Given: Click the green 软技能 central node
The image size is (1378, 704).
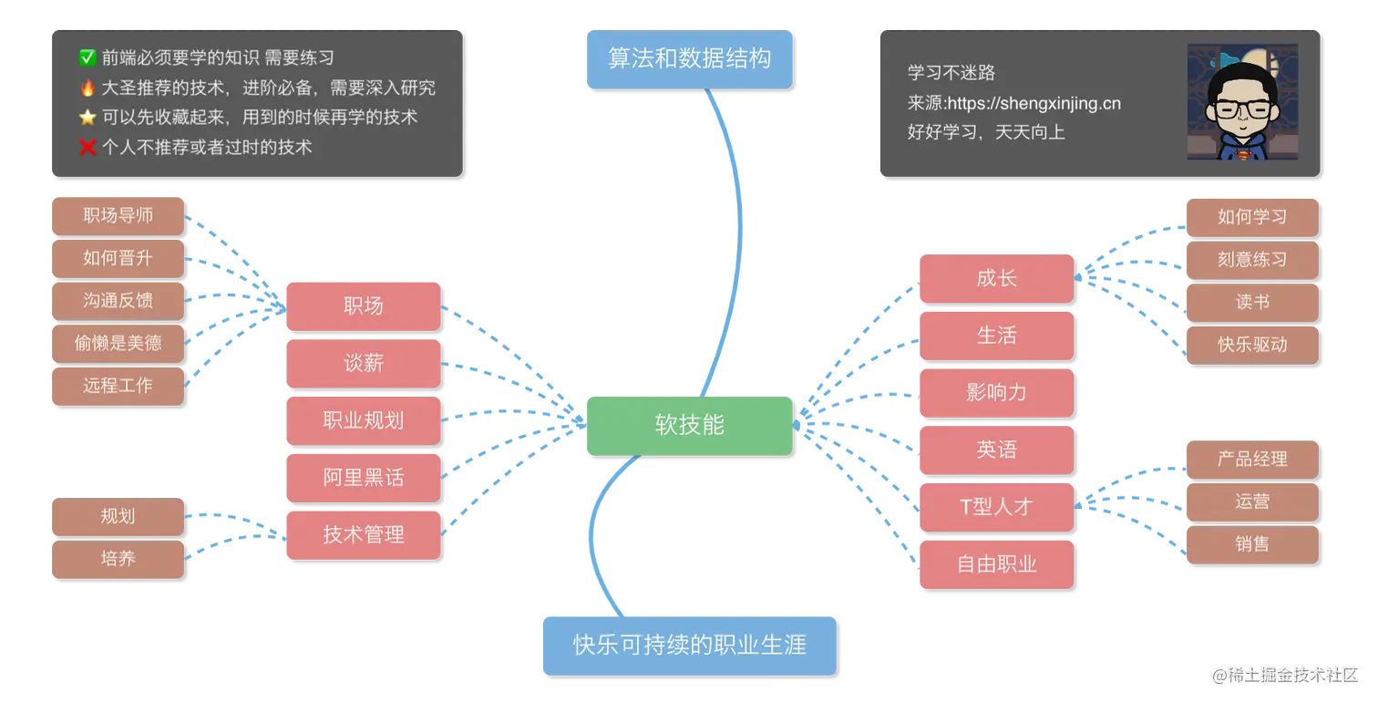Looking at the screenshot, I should pos(688,425).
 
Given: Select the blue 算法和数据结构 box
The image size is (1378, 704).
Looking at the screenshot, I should pos(688,58).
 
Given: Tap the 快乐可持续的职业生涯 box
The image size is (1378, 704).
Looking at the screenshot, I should pos(688,645).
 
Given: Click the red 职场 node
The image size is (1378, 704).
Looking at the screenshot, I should pos(363,305).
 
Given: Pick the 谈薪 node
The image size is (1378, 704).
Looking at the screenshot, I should pos(363,363).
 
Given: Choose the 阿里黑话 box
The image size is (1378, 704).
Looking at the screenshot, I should pos(363,477).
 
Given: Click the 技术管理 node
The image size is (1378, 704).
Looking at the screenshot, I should pos(363,534).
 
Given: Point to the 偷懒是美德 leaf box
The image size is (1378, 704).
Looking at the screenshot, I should pos(117,343).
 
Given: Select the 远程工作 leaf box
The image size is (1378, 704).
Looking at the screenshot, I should pos(117,385).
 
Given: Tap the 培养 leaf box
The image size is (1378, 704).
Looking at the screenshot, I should pos(117,558).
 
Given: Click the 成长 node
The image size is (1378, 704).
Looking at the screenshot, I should pos(995,278).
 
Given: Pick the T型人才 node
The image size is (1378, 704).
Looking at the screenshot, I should pos(995,507).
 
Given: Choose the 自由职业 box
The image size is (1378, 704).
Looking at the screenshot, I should pos(995,564).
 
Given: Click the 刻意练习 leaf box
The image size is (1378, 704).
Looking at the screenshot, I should pos(1251,259).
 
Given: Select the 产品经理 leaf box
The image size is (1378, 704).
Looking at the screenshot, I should pos(1251,459).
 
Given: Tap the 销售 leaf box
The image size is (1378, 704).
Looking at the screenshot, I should pos(1251,544).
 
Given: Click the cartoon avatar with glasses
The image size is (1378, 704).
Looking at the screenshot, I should pos(1243,102).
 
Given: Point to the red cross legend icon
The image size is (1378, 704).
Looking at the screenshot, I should pos(87,147).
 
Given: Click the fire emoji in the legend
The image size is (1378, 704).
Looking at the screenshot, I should pos(87,88).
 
